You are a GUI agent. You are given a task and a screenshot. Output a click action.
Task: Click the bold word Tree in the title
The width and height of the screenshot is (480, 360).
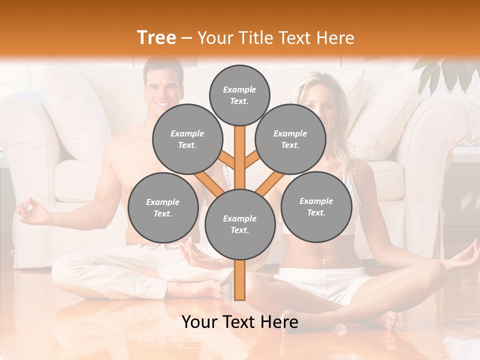[x=156, y=37]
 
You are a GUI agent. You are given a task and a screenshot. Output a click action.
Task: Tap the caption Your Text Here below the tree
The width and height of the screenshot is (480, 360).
[x=239, y=322]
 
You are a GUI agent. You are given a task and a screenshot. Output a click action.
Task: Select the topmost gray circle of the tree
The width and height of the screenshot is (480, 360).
[x=239, y=95]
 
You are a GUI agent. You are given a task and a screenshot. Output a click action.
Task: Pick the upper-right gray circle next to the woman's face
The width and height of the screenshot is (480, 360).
[x=290, y=139]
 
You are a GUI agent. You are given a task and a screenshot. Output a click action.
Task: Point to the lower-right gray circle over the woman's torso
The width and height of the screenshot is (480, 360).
[x=316, y=206]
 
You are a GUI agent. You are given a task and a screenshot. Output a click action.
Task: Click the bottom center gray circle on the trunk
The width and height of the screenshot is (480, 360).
[x=239, y=224]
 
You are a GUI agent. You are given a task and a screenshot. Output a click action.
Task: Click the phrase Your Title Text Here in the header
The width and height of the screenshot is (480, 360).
[x=276, y=38]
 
